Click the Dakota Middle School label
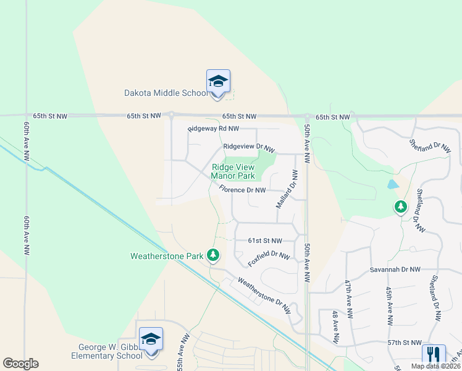[x=166, y=93]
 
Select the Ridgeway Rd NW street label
[x=213, y=129]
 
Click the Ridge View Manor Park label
[x=233, y=171]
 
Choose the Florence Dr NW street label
[x=242, y=190]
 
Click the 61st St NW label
[x=264, y=241]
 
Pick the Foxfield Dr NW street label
[x=269, y=258]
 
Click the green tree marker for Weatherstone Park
[x=213, y=254]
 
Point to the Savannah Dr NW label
[x=395, y=270]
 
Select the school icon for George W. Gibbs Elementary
[x=151, y=339]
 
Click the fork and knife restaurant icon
[x=434, y=354]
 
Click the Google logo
[x=20, y=364]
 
